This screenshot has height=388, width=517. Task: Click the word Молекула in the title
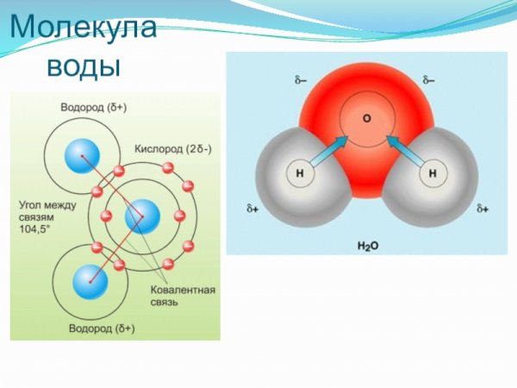coord(83,28)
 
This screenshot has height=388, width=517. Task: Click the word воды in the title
coord(83,65)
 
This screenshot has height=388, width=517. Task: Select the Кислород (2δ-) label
coord(172,148)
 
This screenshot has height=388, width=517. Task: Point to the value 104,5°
coord(35,230)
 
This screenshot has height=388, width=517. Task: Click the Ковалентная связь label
coord(182,297)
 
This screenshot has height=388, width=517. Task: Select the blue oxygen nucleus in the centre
coord(142,216)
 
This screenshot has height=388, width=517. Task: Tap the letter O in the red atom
coord(366,118)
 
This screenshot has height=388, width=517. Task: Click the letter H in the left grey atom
coord(300,173)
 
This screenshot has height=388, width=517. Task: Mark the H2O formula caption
coord(368,246)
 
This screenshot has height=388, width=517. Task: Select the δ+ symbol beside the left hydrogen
coord(253,210)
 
